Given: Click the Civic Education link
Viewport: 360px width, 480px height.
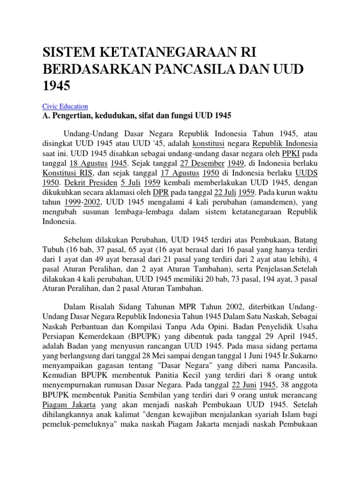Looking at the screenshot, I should coord(65,106).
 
